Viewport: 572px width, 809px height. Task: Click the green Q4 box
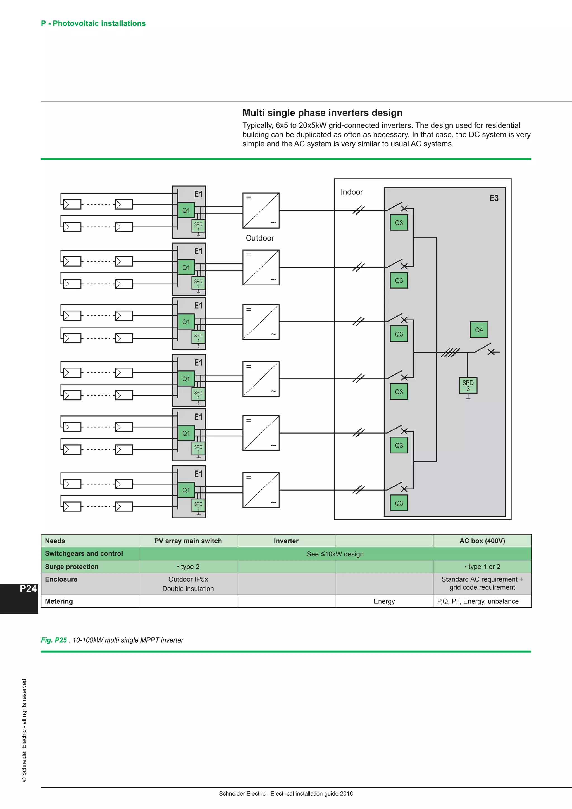click(479, 330)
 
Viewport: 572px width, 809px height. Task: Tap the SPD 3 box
click(468, 386)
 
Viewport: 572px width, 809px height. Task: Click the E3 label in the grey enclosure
click(494, 198)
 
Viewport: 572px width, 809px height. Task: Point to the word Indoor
click(352, 192)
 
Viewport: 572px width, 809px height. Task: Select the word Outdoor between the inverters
click(260, 238)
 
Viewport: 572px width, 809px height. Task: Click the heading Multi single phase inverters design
click(322, 113)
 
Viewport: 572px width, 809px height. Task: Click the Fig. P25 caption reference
click(54, 640)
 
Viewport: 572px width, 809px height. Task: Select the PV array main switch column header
click(188, 541)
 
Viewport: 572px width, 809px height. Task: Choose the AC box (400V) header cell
click(482, 541)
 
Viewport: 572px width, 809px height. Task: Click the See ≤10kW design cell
click(335, 554)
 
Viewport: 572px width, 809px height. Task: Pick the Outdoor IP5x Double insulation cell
click(188, 584)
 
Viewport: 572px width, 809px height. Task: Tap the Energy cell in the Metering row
click(384, 601)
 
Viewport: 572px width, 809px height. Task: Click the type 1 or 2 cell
click(482, 567)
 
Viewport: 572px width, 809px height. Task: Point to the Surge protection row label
click(72, 567)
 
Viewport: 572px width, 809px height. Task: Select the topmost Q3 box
click(399, 223)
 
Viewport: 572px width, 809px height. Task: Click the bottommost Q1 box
click(186, 490)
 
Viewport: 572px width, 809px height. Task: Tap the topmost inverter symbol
click(261, 210)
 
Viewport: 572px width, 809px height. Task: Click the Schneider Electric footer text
click(286, 794)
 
